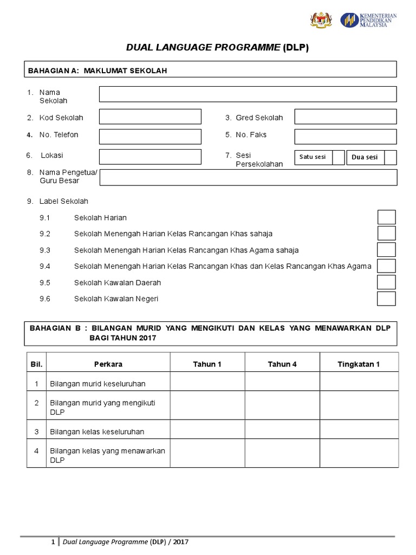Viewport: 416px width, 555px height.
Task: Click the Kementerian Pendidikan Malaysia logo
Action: pyautogui.click(x=368, y=20)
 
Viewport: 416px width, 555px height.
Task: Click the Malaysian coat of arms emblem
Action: pyautogui.click(x=320, y=20)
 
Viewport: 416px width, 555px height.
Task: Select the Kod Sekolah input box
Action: pyautogui.click(x=150, y=117)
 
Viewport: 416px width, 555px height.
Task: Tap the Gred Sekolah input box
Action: pyautogui.click(x=345, y=117)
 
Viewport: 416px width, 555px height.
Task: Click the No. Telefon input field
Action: pyautogui.click(x=150, y=136)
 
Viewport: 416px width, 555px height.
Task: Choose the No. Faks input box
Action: pyautogui.click(x=345, y=136)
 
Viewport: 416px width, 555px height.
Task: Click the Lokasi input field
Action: pyautogui.click(x=150, y=157)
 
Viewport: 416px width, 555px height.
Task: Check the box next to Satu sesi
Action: pyautogui.click(x=339, y=157)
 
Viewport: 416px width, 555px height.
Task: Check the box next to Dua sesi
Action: pyautogui.click(x=391, y=157)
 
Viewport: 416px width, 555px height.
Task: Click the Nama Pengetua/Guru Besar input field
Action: pyautogui.click(x=249, y=177)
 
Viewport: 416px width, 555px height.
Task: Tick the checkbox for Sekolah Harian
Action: pyautogui.click(x=386, y=217)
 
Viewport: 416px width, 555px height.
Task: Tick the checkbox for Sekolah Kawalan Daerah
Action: pyautogui.click(x=386, y=282)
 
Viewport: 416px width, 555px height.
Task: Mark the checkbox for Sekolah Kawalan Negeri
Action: pyautogui.click(x=386, y=299)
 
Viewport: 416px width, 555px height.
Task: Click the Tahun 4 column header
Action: pyautogui.click(x=282, y=364)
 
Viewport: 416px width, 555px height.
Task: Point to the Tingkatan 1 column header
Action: pyautogui.click(x=359, y=364)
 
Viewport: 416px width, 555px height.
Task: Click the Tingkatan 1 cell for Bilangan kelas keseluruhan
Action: pyautogui.click(x=359, y=431)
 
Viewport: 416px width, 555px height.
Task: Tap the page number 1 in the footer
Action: pyautogui.click(x=53, y=542)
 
